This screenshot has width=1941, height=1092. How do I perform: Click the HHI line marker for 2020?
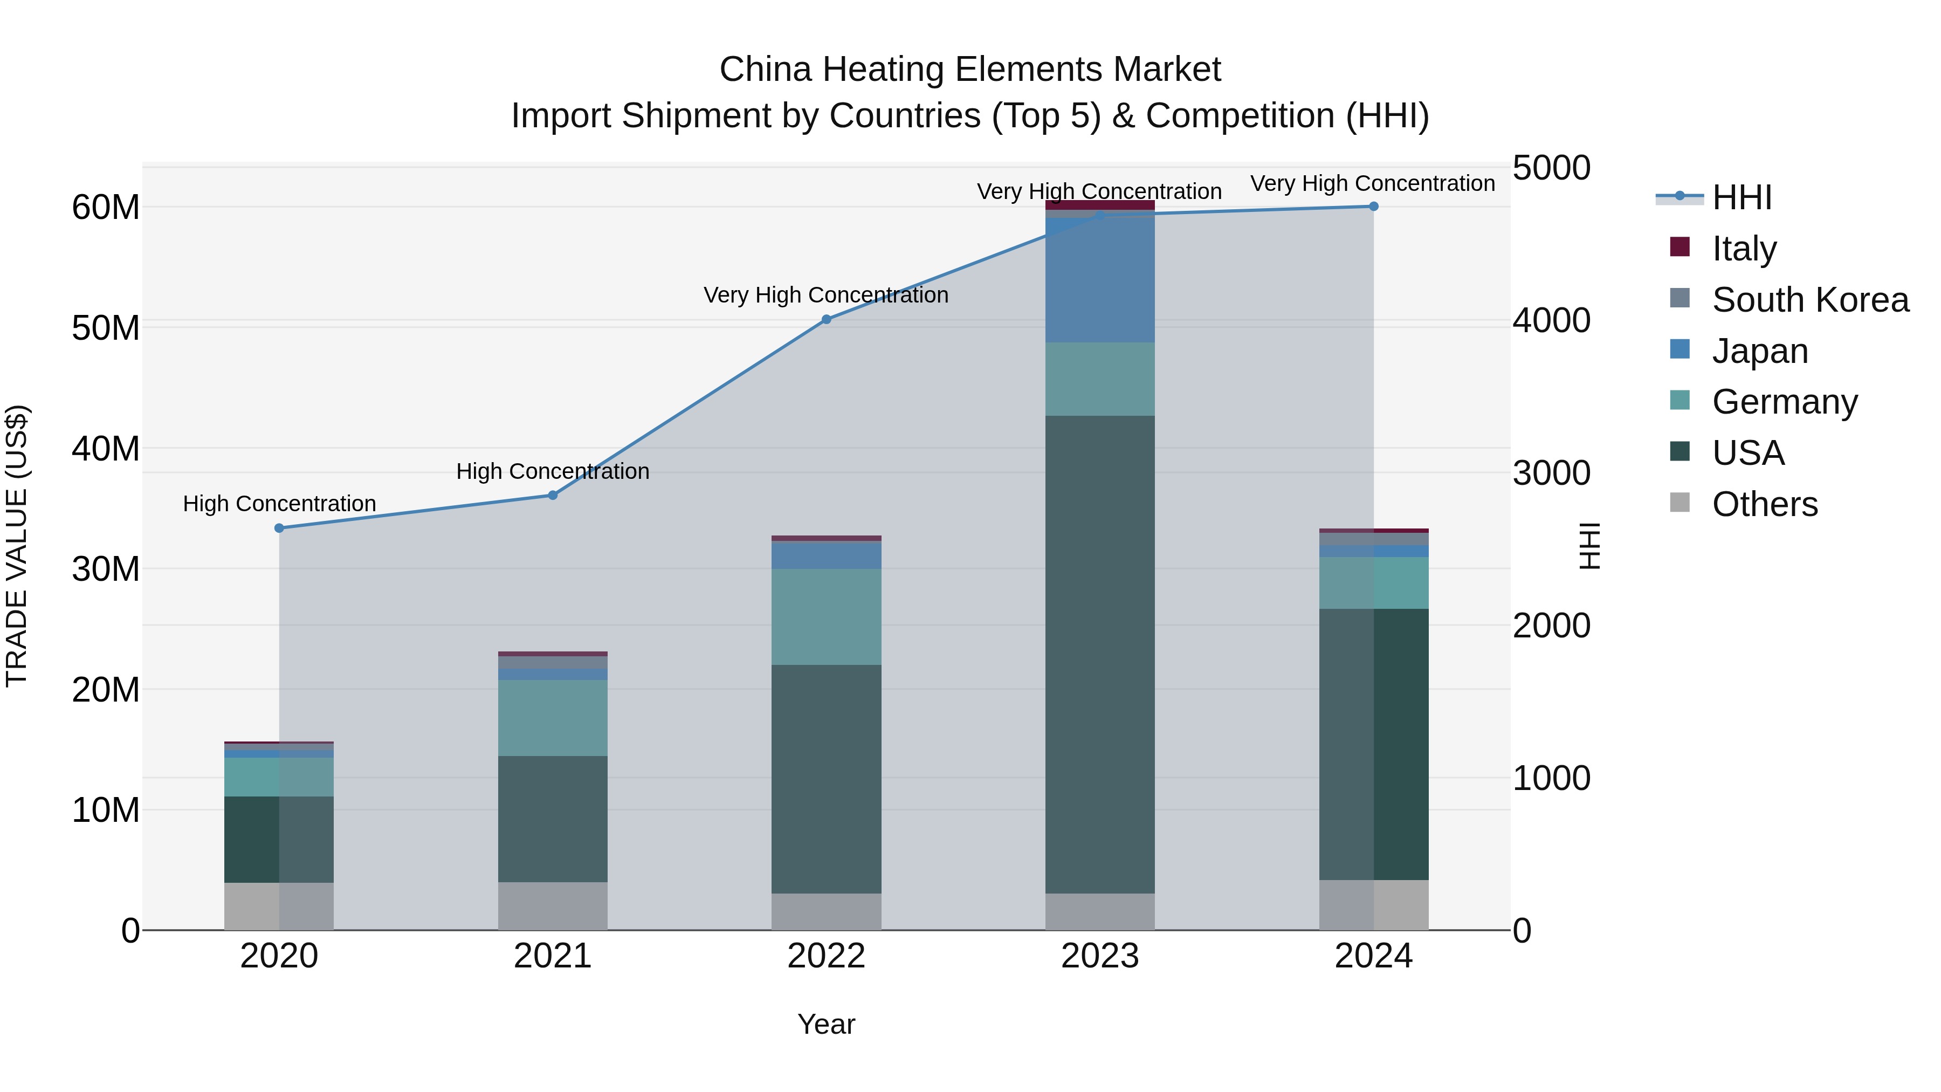[279, 528]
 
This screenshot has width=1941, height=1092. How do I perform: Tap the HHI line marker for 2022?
[826, 320]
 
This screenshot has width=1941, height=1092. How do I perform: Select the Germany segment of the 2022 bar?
[826, 616]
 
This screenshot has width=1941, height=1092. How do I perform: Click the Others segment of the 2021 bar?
[552, 906]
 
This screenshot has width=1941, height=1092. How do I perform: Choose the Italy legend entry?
[1744, 249]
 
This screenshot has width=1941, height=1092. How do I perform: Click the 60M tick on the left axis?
[106, 207]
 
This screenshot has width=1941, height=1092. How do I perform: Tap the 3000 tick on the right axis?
[1551, 473]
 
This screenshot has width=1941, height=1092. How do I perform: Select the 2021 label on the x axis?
[552, 956]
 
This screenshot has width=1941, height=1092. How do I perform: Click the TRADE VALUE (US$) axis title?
[17, 546]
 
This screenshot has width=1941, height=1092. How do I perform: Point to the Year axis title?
[826, 1024]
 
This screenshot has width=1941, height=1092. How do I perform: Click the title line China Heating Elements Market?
[970, 70]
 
